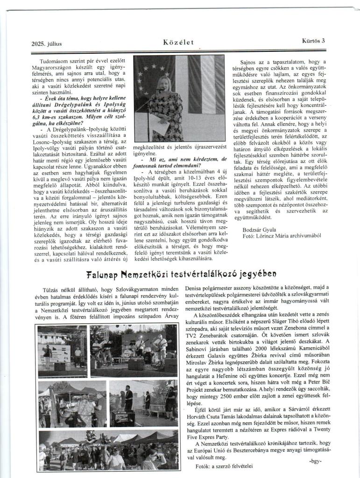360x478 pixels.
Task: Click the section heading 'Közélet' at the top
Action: click(178, 43)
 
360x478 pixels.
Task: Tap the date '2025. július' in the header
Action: click(47, 44)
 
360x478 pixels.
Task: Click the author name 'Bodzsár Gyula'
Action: click(259, 229)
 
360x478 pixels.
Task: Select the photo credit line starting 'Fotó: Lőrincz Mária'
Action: click(282, 236)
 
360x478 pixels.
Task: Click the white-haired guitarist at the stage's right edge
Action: click(161, 348)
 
